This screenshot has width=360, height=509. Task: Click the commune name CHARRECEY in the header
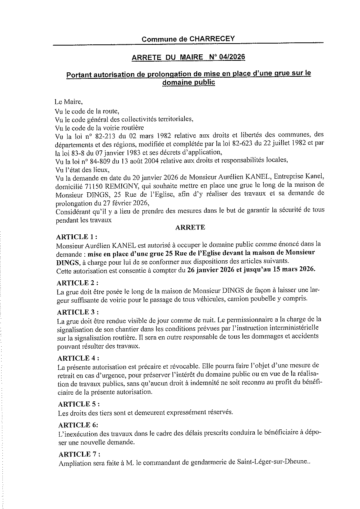pos(212,39)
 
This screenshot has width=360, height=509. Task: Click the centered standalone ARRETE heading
pos(190,227)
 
